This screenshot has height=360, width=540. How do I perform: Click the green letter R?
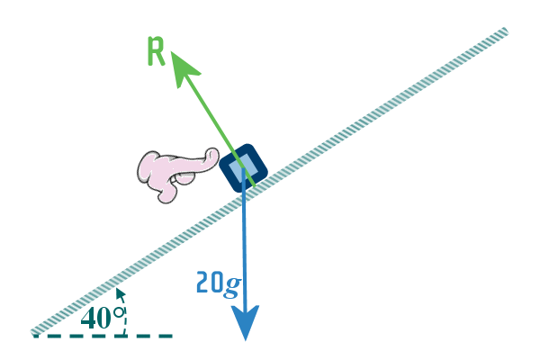156,53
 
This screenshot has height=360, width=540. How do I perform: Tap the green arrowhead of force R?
182,65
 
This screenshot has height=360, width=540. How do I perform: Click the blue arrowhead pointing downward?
246,322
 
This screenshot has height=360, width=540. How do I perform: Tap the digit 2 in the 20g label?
203,283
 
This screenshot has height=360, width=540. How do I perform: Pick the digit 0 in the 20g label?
218,283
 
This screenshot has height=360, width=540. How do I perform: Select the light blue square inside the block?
244,167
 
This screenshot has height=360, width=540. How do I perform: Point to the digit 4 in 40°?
89,318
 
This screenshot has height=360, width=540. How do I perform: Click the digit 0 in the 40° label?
104,318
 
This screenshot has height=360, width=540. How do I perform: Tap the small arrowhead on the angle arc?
119,293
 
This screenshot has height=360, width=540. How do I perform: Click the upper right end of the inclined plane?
505,31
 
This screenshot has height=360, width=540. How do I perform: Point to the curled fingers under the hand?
166,190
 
